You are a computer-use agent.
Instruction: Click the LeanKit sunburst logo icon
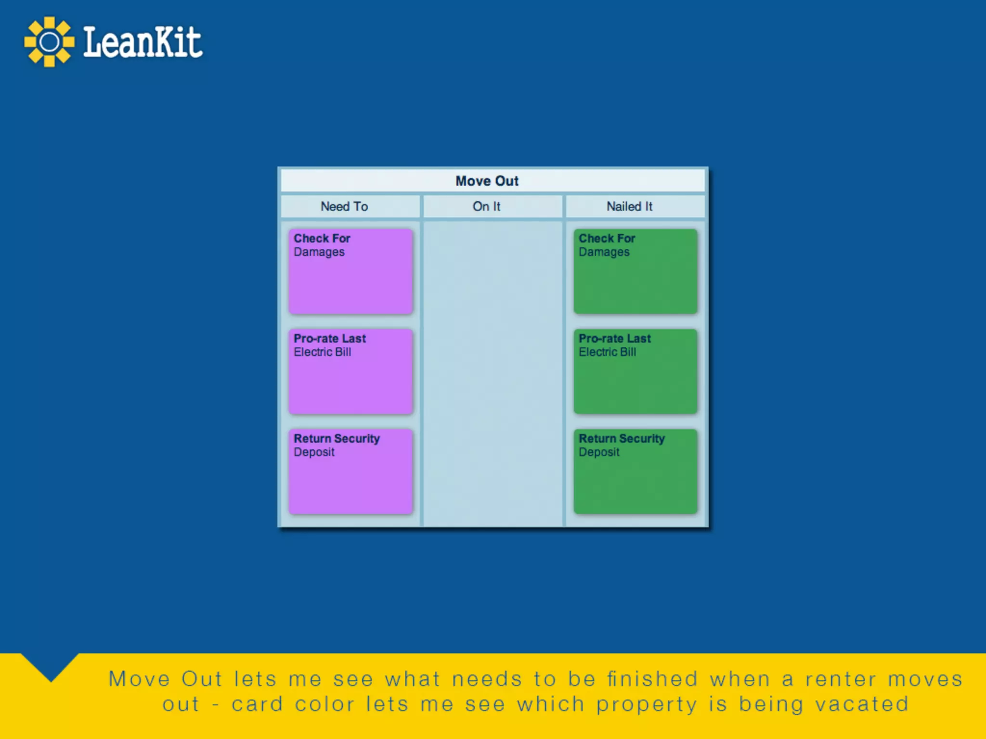(x=49, y=42)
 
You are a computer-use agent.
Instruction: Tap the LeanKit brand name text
(x=143, y=42)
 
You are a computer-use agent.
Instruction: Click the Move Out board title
(x=487, y=181)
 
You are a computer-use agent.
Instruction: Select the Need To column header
(x=344, y=206)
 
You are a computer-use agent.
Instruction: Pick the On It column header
(x=486, y=206)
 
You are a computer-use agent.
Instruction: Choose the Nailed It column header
(x=629, y=206)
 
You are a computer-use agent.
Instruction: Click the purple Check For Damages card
(x=350, y=271)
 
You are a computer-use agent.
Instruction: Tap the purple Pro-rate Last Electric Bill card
(x=350, y=371)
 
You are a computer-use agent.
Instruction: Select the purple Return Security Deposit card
(x=350, y=471)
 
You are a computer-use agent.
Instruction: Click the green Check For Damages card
(x=635, y=271)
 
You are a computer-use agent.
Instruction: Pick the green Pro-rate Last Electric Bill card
(x=635, y=371)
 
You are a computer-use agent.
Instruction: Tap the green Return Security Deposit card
(x=635, y=471)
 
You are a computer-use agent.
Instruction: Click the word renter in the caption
(x=841, y=679)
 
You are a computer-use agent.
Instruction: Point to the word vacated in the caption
(x=861, y=704)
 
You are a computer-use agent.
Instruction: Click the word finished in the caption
(x=652, y=679)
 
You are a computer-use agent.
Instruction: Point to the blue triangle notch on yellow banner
(x=50, y=666)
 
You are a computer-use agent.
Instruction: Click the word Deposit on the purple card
(x=314, y=452)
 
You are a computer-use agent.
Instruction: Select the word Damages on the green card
(x=604, y=252)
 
